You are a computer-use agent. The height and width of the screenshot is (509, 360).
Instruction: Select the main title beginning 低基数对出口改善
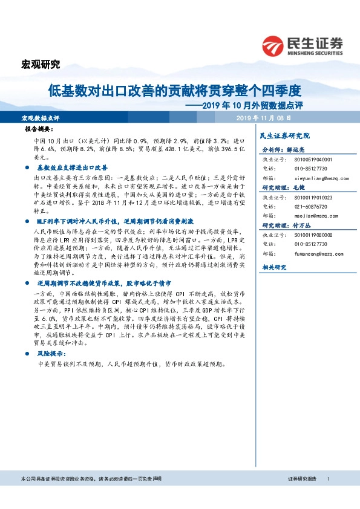pyautogui.click(x=174, y=91)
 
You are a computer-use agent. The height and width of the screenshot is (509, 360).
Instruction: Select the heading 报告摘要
pyautogui.click(x=39, y=130)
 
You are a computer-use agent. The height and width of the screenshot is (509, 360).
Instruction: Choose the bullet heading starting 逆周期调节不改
pyautogui.click(x=103, y=282)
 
